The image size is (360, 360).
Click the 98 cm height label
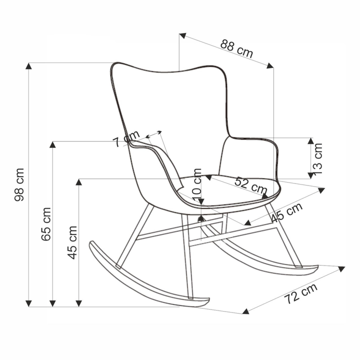19,184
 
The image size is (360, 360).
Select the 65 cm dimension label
46,224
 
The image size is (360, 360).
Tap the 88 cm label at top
236,49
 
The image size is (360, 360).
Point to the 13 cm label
318,159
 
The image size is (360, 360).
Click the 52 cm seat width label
251,185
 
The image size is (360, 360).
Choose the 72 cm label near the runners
301,293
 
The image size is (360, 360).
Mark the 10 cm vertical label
197,184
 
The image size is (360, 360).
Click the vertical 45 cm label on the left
72,242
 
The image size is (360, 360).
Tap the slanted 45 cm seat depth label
287,212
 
